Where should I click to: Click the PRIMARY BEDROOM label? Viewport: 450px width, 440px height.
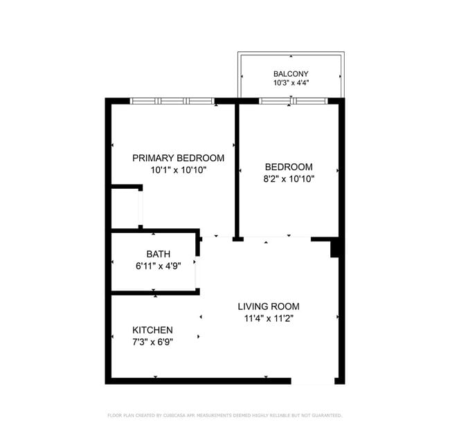178,158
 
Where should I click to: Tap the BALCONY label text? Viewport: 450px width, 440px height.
291,74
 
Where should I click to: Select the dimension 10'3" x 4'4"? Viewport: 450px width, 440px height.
291,83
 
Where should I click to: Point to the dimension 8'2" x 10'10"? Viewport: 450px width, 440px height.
289,179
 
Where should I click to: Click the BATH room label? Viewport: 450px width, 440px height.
158,254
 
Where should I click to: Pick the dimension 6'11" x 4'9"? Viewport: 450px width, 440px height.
158,266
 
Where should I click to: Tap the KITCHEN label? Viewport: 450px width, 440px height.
152,330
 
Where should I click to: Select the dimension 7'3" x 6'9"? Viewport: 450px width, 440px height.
152,342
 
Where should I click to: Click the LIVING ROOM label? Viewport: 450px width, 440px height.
269,306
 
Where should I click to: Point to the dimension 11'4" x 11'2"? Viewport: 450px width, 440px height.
269,318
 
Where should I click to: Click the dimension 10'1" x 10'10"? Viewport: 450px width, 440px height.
179,170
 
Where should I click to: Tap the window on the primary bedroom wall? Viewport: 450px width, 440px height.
172,101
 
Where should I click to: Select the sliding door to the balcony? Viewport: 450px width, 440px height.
294,101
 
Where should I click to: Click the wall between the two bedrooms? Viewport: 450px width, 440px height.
237,171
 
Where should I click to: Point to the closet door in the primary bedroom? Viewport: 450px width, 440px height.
141,208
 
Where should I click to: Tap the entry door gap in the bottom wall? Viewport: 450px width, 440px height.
313,381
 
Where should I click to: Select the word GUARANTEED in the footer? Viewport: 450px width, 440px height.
327,415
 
